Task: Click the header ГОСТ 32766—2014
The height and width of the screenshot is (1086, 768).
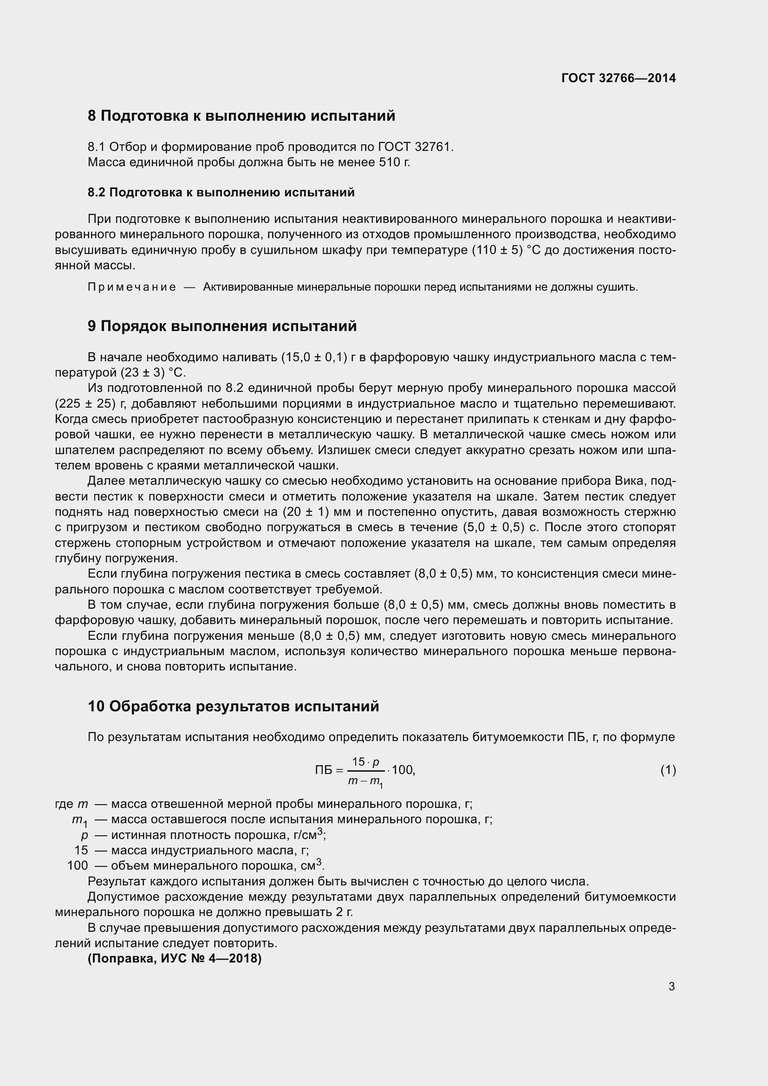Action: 618,78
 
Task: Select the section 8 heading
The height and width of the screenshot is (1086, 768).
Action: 241,116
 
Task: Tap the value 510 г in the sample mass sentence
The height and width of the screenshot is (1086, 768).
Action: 394,163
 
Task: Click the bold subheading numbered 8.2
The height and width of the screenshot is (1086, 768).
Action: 221,193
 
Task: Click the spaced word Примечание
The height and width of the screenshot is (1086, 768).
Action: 131,287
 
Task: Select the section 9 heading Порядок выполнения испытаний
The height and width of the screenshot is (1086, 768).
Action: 222,326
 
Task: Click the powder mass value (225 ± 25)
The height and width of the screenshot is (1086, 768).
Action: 85,403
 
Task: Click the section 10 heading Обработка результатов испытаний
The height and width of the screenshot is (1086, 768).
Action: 233,707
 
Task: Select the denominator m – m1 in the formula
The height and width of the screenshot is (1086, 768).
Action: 365,781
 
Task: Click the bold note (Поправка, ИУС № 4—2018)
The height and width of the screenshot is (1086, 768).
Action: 175,959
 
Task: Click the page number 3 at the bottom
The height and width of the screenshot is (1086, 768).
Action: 671,987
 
